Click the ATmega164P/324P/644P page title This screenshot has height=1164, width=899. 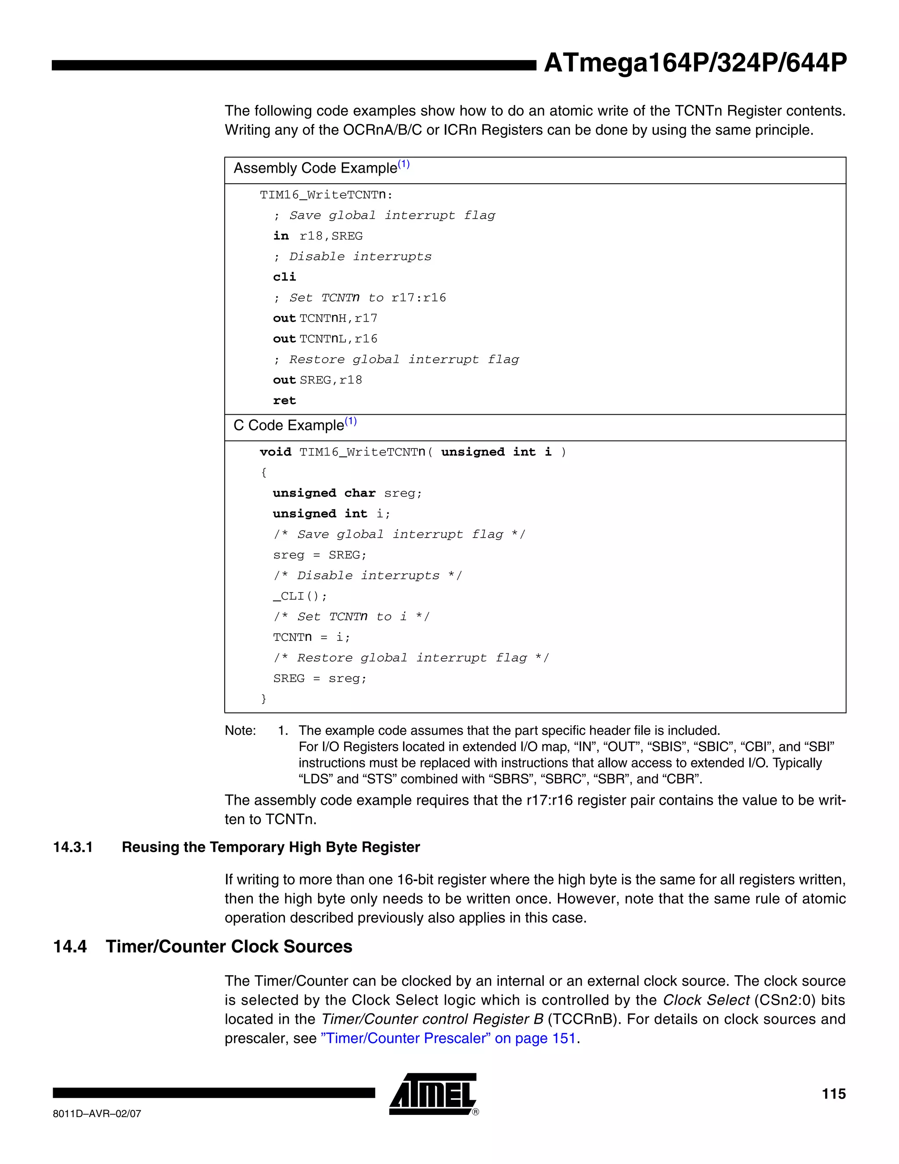[x=694, y=63]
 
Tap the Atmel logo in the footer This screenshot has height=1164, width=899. [x=433, y=1094]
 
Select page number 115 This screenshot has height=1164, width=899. [x=833, y=1094]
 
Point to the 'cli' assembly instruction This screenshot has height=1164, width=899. [x=284, y=277]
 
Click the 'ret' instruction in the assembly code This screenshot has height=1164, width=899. [x=284, y=401]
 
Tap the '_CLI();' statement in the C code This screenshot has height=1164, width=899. [x=300, y=596]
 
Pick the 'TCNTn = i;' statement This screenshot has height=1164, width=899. [x=312, y=637]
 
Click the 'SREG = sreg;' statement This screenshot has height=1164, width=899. [x=320, y=679]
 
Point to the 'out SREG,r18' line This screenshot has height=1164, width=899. [x=317, y=380]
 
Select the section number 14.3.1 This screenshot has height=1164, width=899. [x=73, y=847]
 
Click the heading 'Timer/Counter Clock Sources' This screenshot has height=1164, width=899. [x=229, y=947]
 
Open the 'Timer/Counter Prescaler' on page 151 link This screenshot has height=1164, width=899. [x=449, y=1038]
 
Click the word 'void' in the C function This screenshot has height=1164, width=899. [x=275, y=452]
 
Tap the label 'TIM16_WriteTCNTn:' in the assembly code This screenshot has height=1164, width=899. [x=326, y=195]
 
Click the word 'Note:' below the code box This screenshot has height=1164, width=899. [x=240, y=731]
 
